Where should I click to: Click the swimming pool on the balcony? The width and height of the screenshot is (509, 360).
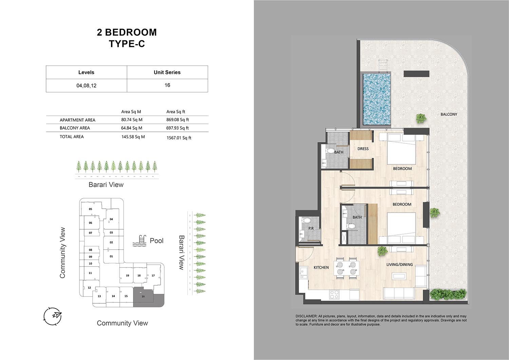(377, 99)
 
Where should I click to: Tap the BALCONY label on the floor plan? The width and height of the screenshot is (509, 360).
(449, 114)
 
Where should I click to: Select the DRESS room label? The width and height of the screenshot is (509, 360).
(363, 149)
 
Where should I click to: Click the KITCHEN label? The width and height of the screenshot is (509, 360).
(321, 267)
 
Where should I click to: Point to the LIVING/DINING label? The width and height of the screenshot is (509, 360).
(399, 265)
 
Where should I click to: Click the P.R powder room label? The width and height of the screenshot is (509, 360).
(311, 228)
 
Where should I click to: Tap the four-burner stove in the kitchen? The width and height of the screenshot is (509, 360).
(335, 295)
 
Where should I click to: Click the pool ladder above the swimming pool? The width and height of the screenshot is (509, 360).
(382, 65)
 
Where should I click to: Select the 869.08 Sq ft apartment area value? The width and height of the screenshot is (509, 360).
(177, 120)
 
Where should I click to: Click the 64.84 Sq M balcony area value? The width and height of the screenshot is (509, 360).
(132, 128)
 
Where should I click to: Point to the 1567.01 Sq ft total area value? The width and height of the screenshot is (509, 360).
(179, 138)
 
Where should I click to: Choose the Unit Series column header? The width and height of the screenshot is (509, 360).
(167, 72)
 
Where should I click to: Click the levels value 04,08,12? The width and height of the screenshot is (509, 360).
(86, 86)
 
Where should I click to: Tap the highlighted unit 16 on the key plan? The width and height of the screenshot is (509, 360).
(143, 296)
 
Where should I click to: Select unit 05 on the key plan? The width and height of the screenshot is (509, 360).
(91, 209)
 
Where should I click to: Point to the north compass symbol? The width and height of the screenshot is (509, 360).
(53, 316)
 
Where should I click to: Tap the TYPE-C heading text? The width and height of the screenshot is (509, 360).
(127, 44)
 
